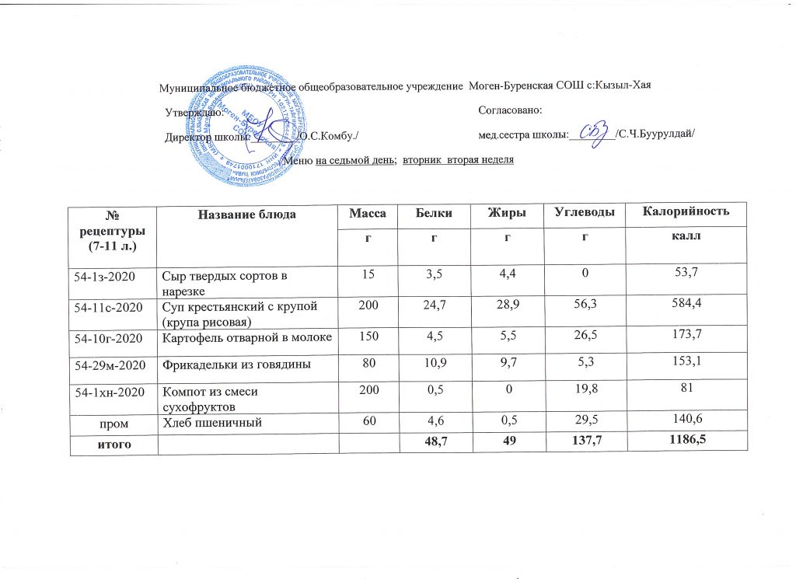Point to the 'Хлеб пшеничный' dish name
209,422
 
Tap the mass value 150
365,337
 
